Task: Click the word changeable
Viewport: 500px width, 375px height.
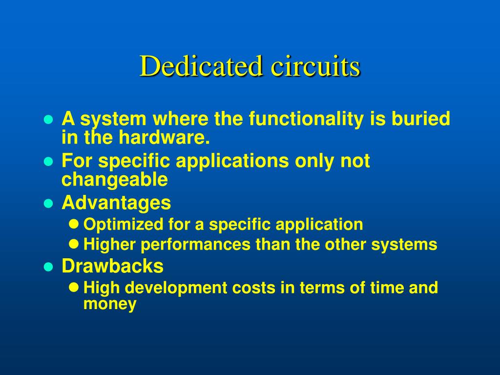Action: (x=114, y=180)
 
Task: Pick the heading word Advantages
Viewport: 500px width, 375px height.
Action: (x=116, y=202)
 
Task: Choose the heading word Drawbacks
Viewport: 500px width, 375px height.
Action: (x=112, y=266)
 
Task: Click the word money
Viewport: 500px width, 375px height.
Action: (x=110, y=304)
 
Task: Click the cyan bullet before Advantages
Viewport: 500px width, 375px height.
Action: (x=48, y=204)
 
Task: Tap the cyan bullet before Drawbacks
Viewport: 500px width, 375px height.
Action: (x=48, y=267)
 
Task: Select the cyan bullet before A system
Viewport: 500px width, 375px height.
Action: (x=48, y=120)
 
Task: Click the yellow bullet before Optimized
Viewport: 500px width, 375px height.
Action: (x=74, y=225)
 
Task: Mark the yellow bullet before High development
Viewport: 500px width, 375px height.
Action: (x=74, y=288)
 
